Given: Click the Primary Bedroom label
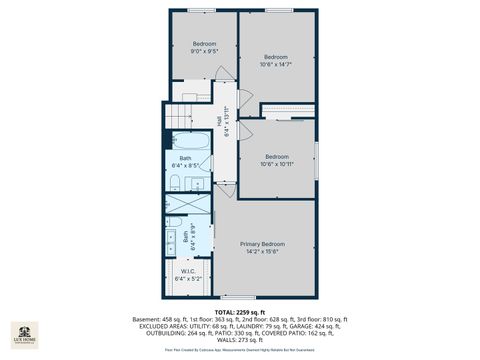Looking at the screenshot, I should tap(262, 244).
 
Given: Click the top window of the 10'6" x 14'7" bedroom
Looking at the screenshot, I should tap(279, 11).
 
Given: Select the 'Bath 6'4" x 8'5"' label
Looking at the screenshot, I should tap(187, 161).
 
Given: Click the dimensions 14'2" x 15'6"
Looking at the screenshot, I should tap(262, 251).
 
